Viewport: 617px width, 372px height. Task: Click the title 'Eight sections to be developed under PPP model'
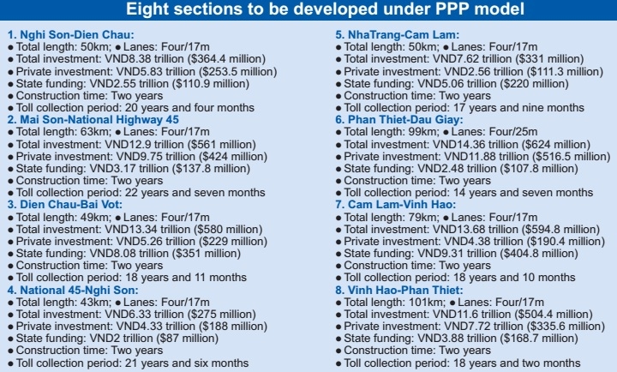tap(308, 10)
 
